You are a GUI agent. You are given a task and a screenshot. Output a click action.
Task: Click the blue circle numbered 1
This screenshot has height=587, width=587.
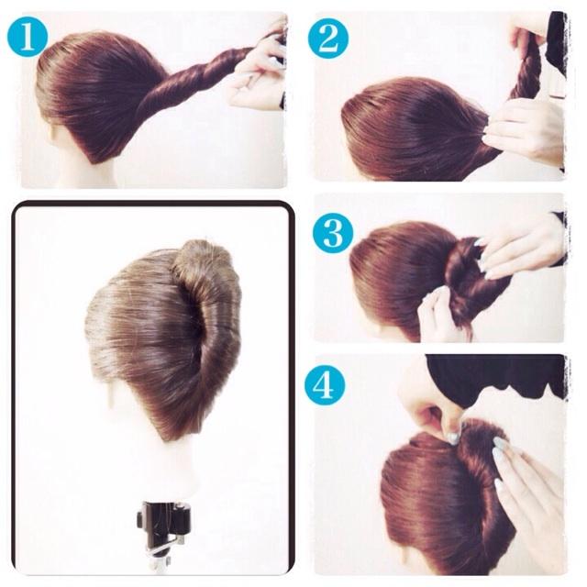coord(28,38)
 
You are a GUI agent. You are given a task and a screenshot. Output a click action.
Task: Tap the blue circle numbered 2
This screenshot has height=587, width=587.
coord(328,39)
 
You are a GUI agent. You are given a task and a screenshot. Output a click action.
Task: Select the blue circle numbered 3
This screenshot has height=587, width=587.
coord(332,233)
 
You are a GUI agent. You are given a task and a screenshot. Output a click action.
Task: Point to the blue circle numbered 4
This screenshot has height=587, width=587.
coord(324,385)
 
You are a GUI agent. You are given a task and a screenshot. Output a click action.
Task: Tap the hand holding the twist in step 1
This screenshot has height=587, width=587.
coord(259,72)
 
